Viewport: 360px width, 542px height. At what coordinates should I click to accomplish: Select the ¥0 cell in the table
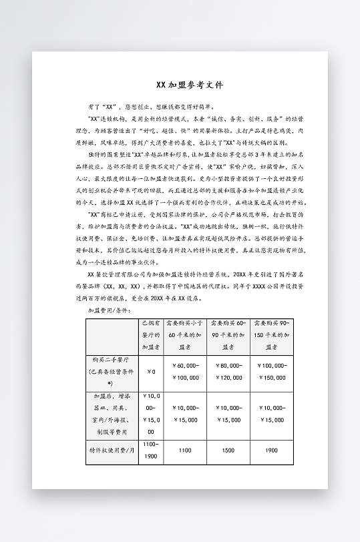[x=150, y=371]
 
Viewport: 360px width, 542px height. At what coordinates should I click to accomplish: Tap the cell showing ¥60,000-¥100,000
[x=185, y=371]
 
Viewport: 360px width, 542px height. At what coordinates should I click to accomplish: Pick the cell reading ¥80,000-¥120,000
[x=229, y=371]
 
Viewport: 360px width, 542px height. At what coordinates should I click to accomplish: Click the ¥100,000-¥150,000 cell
[x=271, y=371]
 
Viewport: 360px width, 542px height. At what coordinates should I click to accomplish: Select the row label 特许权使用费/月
[x=112, y=451]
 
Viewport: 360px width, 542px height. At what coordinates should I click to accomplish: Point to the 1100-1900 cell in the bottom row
[x=150, y=450]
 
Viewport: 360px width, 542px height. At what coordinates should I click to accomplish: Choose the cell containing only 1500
[x=229, y=451]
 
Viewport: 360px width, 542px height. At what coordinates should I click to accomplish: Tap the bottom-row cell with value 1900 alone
[x=271, y=451]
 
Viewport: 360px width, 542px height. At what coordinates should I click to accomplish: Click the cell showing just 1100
[x=185, y=451]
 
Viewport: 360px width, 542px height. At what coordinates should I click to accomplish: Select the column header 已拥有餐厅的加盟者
[x=150, y=334]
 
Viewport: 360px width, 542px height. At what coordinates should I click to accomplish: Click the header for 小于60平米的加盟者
[x=185, y=334]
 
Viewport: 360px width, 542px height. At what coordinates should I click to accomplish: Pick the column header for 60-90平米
[x=229, y=334]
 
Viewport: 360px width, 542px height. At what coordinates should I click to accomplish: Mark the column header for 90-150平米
[x=271, y=334]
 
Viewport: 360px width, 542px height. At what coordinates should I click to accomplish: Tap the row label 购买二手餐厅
[x=112, y=371]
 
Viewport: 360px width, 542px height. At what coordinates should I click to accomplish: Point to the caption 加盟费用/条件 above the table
[x=110, y=310]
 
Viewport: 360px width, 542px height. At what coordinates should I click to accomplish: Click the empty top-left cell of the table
[x=112, y=334]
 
